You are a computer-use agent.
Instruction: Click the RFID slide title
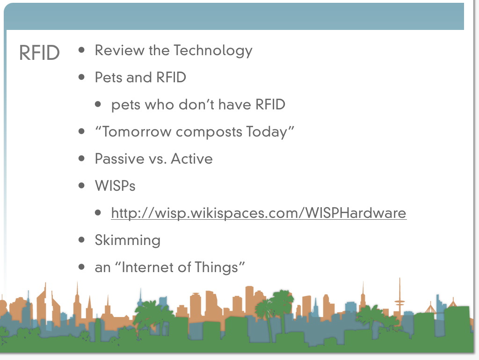(39, 53)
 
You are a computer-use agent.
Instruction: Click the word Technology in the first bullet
(213, 51)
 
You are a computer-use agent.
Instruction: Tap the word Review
(120, 50)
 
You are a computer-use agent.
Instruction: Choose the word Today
(267, 132)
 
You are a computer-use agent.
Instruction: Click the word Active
(191, 159)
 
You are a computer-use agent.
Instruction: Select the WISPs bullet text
(115, 186)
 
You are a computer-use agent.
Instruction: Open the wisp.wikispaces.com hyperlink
(259, 213)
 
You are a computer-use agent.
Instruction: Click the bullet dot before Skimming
(81, 240)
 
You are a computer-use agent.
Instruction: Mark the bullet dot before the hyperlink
(98, 213)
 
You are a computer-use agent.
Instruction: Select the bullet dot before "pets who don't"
(98, 104)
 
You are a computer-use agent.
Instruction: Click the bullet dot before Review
(81, 50)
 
